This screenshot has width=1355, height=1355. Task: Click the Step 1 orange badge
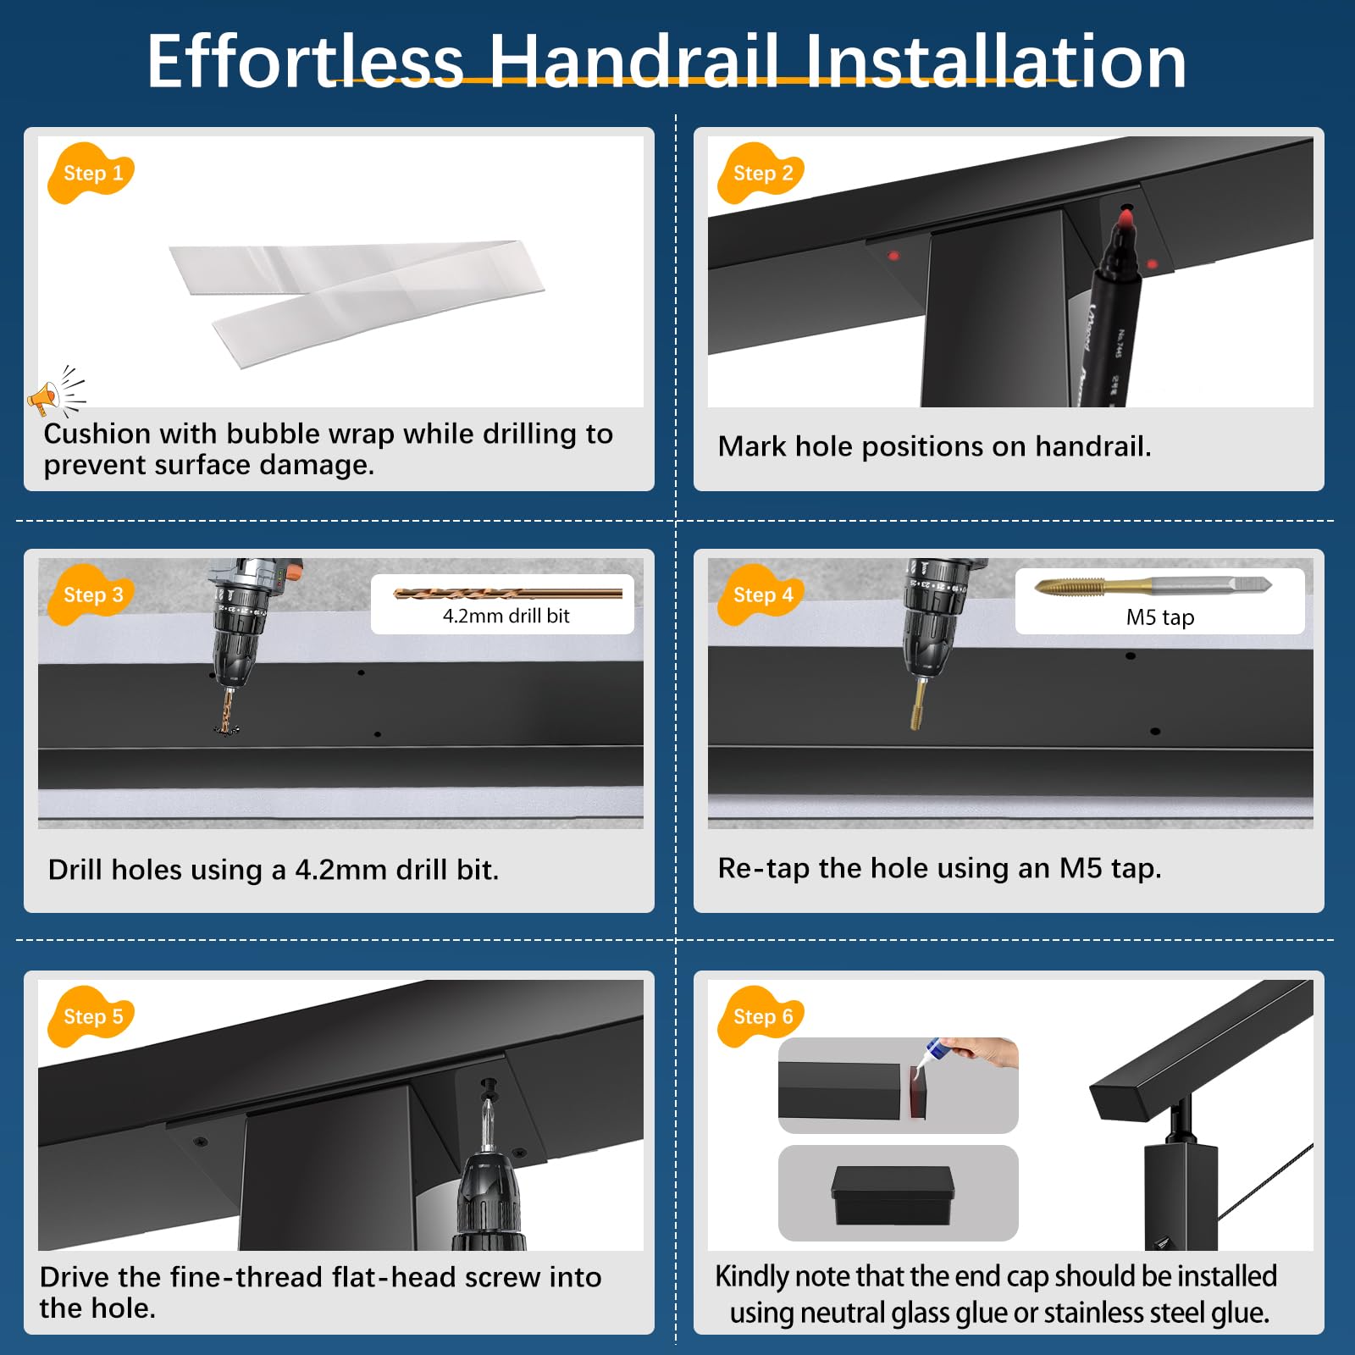[91, 173]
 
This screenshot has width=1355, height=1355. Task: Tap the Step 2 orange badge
[761, 173]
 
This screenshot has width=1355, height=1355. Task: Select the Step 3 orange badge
[91, 595]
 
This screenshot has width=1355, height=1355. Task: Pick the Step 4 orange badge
[761, 595]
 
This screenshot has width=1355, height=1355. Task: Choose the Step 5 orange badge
[91, 1016]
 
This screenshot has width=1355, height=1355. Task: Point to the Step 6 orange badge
[761, 1016]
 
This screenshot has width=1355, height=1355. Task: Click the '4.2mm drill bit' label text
[506, 616]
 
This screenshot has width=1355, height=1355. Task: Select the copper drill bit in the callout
[508, 594]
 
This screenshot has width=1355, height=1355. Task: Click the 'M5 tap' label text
[1160, 617]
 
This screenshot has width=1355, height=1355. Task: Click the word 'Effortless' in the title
[306, 61]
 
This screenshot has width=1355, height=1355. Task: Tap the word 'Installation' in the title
[996, 61]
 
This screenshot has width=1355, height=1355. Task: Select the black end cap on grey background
[893, 1195]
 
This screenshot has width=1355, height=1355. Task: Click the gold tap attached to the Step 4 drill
[917, 704]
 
